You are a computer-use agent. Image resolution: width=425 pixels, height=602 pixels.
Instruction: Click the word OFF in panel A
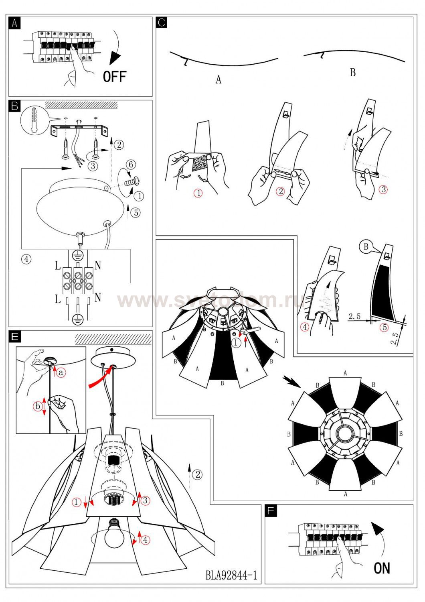pyautogui.click(x=115, y=76)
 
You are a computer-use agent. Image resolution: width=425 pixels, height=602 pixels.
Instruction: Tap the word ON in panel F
pyautogui.click(x=382, y=568)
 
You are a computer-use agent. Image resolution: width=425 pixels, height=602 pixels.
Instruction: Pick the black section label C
pyautogui.click(x=162, y=22)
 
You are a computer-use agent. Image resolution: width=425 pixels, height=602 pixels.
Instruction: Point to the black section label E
pyautogui.click(x=15, y=336)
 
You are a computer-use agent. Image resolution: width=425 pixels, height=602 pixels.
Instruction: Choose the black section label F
pyautogui.click(x=271, y=510)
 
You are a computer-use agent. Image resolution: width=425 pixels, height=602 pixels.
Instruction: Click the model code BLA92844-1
pyautogui.click(x=231, y=576)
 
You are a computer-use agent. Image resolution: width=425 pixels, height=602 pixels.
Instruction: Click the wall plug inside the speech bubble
pyautogui.click(x=34, y=119)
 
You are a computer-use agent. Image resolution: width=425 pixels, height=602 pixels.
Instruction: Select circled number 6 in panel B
pyautogui.click(x=130, y=164)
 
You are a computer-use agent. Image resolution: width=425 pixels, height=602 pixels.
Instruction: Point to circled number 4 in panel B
pyautogui.click(x=26, y=259)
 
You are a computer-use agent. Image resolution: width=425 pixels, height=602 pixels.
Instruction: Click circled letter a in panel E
pyautogui.click(x=61, y=372)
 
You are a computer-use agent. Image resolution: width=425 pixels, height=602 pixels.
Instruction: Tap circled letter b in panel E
pyautogui.click(x=38, y=406)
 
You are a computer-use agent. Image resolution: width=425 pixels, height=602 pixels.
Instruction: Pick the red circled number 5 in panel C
pyautogui.click(x=385, y=327)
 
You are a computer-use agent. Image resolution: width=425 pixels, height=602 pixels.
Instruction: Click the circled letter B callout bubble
pyautogui.click(x=366, y=246)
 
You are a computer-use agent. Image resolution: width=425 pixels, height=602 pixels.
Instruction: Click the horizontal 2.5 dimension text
pyautogui.click(x=354, y=316)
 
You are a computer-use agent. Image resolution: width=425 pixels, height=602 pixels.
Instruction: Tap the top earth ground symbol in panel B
pyautogui.click(x=77, y=255)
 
